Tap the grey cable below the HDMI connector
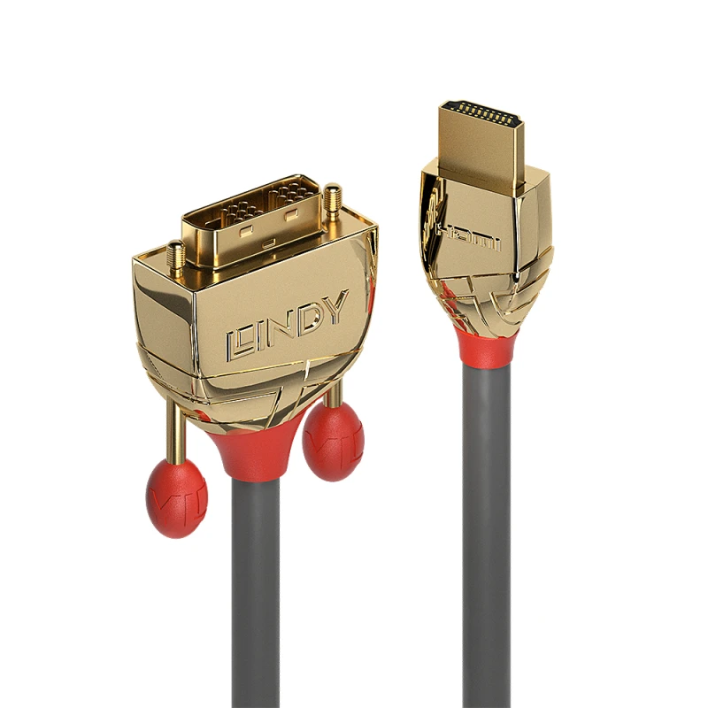coord(487,531)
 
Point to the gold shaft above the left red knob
coord(177,434)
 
